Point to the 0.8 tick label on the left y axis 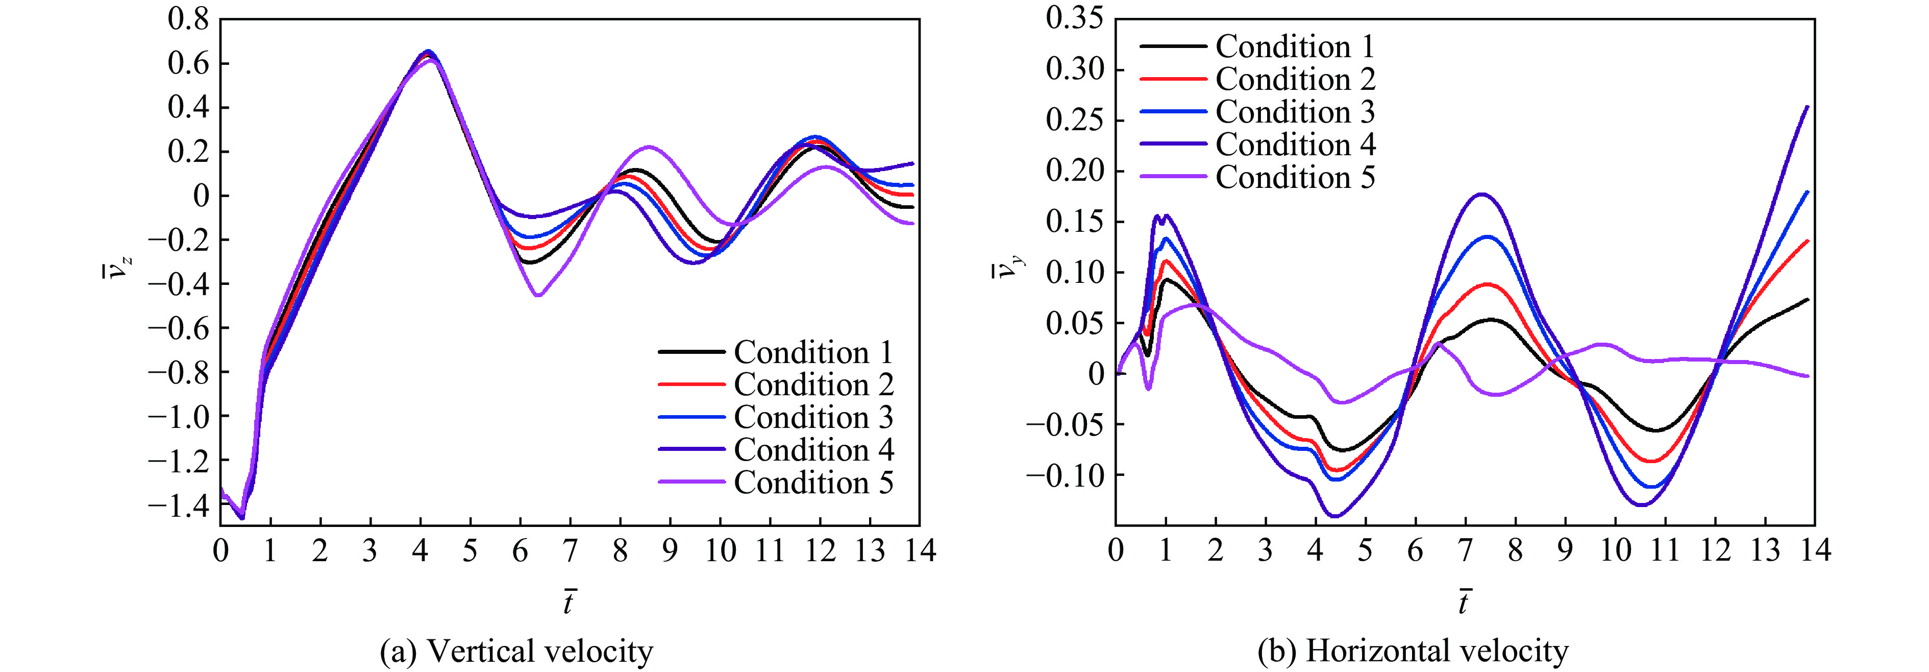188,19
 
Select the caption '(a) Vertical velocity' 516,651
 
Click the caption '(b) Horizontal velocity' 1413,651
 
